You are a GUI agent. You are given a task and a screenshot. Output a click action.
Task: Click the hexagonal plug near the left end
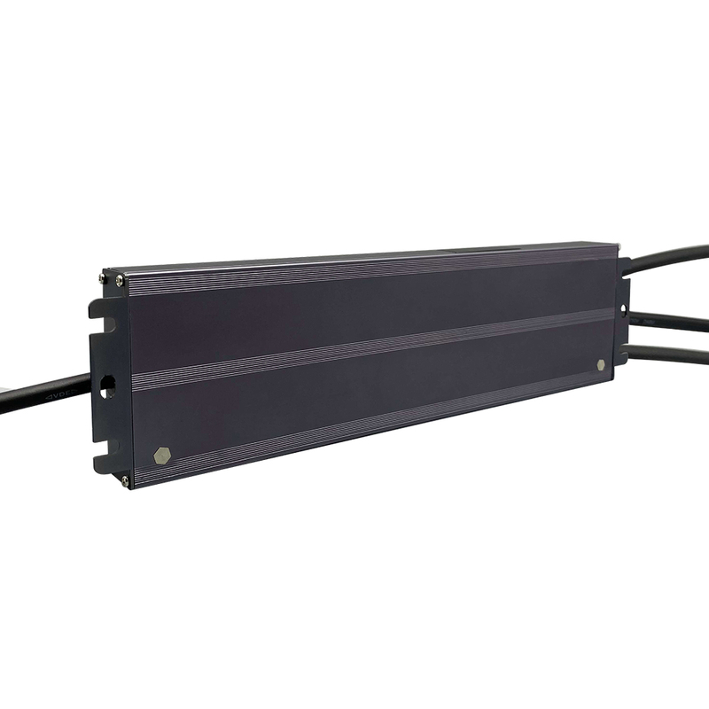(162, 455)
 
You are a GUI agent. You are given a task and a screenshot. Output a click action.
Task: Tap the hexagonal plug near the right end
(601, 364)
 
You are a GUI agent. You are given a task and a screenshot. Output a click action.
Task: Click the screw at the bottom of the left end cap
(124, 480)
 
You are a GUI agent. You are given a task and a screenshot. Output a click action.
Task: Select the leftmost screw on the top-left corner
(106, 279)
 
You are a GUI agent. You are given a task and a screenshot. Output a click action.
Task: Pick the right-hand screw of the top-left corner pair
(121, 282)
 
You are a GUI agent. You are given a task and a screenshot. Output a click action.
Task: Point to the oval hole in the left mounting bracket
(108, 386)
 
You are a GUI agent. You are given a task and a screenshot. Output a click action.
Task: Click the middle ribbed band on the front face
(372, 350)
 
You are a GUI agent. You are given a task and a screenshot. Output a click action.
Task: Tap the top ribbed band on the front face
(372, 271)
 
